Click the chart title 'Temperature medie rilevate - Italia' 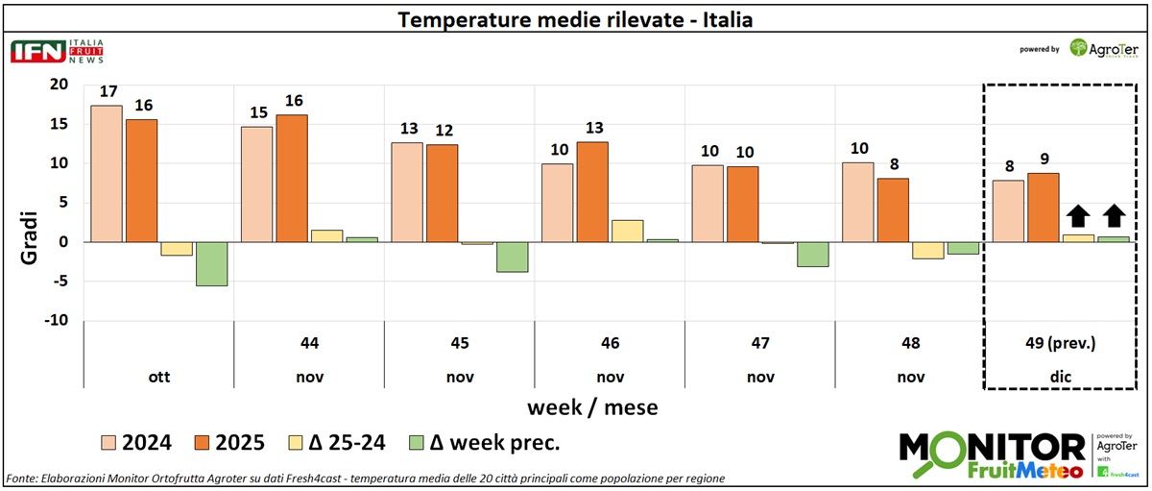[576, 19]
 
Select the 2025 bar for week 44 [292, 178]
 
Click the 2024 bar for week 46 [558, 202]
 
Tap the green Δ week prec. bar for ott [210, 263]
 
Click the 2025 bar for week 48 [893, 209]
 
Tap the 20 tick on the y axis [60, 85]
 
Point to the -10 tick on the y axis [56, 320]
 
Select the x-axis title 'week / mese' [592, 406]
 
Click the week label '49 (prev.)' [1060, 342]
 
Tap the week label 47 [760, 342]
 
